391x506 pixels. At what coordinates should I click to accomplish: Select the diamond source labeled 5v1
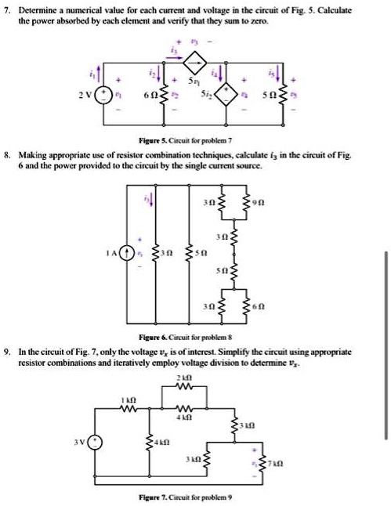pos(200,61)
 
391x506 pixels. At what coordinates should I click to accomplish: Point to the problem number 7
pos(7,9)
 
